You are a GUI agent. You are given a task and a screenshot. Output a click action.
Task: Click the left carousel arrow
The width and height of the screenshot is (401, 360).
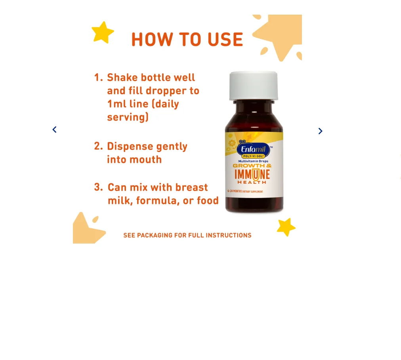[x=54, y=130]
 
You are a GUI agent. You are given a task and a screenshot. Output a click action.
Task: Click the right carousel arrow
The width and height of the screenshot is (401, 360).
[x=320, y=131]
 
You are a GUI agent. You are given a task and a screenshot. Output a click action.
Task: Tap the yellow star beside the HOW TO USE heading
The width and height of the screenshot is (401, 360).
[x=103, y=32]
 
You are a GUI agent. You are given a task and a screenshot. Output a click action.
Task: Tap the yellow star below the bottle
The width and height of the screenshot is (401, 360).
[x=286, y=227]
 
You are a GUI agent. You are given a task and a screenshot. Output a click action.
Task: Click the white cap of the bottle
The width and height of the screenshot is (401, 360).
[x=254, y=85]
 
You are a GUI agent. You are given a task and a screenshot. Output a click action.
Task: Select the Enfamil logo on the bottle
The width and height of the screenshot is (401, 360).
[x=253, y=150]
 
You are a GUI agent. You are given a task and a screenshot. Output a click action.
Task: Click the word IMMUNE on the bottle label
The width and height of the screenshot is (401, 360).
[x=252, y=174]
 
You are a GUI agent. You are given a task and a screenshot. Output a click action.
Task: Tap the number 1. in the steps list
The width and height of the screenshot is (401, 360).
[x=98, y=78]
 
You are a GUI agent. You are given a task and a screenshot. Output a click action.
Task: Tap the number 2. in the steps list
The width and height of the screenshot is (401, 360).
[x=98, y=147]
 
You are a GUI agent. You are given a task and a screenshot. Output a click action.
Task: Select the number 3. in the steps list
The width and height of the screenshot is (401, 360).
[x=99, y=187]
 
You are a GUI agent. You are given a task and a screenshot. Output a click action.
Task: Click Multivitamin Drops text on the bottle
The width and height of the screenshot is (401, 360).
[x=253, y=161]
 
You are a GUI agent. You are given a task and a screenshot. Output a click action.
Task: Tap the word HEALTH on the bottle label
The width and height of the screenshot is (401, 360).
[x=252, y=182]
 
